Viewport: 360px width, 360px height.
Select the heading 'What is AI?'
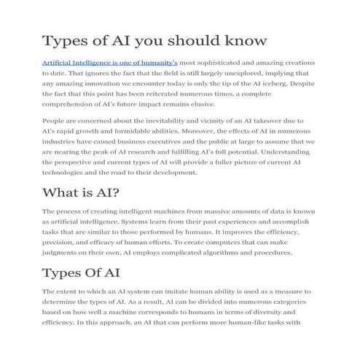click(81, 192)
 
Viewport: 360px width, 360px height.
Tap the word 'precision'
click(61, 243)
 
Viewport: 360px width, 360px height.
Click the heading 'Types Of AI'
click(81, 273)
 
